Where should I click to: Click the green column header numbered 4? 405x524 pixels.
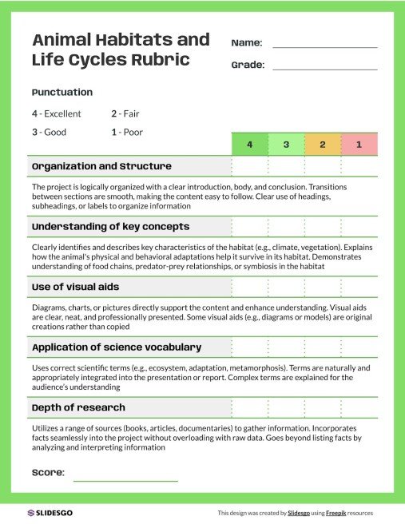(x=249, y=145)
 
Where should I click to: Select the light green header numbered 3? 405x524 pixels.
(x=286, y=145)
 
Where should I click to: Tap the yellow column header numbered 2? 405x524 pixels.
(x=322, y=145)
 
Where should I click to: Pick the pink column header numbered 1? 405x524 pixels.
(x=359, y=145)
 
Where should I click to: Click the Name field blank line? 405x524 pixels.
(x=324, y=46)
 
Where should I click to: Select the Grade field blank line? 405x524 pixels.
(x=324, y=69)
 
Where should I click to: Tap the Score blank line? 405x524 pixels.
(x=125, y=480)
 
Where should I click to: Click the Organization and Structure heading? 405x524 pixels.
(x=101, y=166)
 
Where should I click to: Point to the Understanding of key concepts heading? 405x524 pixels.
(x=110, y=227)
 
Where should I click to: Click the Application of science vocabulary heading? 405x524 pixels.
(x=116, y=347)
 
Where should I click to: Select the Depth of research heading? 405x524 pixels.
(x=78, y=407)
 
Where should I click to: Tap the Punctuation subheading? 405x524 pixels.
(x=62, y=92)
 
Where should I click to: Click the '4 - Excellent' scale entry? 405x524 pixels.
(x=57, y=114)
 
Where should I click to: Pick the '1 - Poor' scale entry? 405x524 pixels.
(x=127, y=132)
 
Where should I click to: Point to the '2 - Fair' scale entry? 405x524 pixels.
(x=125, y=114)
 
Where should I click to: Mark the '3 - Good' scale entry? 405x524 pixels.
(x=50, y=132)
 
